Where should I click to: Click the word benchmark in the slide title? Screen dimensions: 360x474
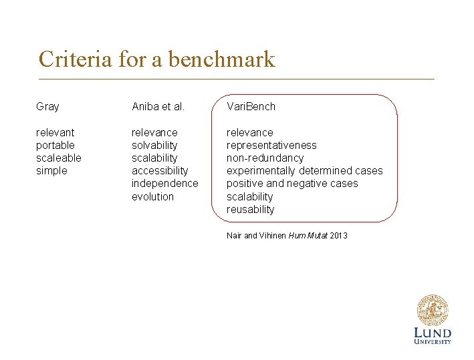pos(221,59)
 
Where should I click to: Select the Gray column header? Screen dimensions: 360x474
pos(47,106)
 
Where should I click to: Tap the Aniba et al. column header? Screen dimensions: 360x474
pos(158,106)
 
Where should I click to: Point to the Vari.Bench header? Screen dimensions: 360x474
pos(251,106)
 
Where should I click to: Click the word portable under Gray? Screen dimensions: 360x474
pos(55,145)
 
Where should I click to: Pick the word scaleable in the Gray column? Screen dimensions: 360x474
pos(59,158)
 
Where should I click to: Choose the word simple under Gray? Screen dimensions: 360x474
pos(51,170)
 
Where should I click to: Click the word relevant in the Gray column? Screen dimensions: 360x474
pos(55,132)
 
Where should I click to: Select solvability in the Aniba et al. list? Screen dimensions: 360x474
pos(154,145)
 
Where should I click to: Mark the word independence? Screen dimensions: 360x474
pos(165,183)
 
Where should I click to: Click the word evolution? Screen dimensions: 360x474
pos(152,196)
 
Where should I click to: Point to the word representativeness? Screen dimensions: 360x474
pos(271,145)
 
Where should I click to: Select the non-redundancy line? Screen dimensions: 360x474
pos(265,158)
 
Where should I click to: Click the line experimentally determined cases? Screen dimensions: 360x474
pos(305,170)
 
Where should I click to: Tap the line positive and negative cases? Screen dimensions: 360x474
pos(292,183)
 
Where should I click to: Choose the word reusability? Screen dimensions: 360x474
pos(250,209)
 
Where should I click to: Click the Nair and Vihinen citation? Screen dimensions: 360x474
pos(287,235)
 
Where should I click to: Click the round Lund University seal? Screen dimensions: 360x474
pos(433,311)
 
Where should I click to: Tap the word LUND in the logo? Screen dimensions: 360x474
pos(433,333)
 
